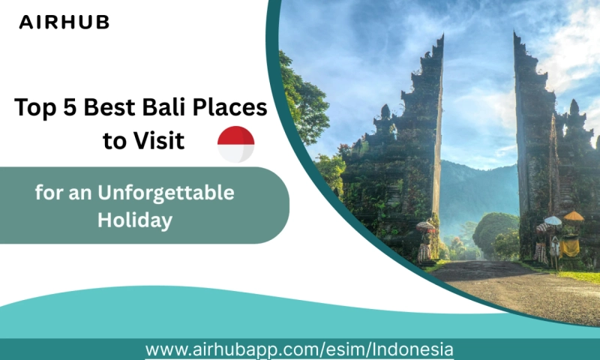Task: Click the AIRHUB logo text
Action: pos(64,22)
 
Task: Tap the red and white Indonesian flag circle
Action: pos(235,144)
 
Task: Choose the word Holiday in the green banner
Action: pos(135,220)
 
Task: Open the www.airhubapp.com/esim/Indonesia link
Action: pos(299,349)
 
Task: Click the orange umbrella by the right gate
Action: pos(574,216)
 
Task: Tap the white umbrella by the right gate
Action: pos(553,220)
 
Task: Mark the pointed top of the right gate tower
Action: pos(516,34)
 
